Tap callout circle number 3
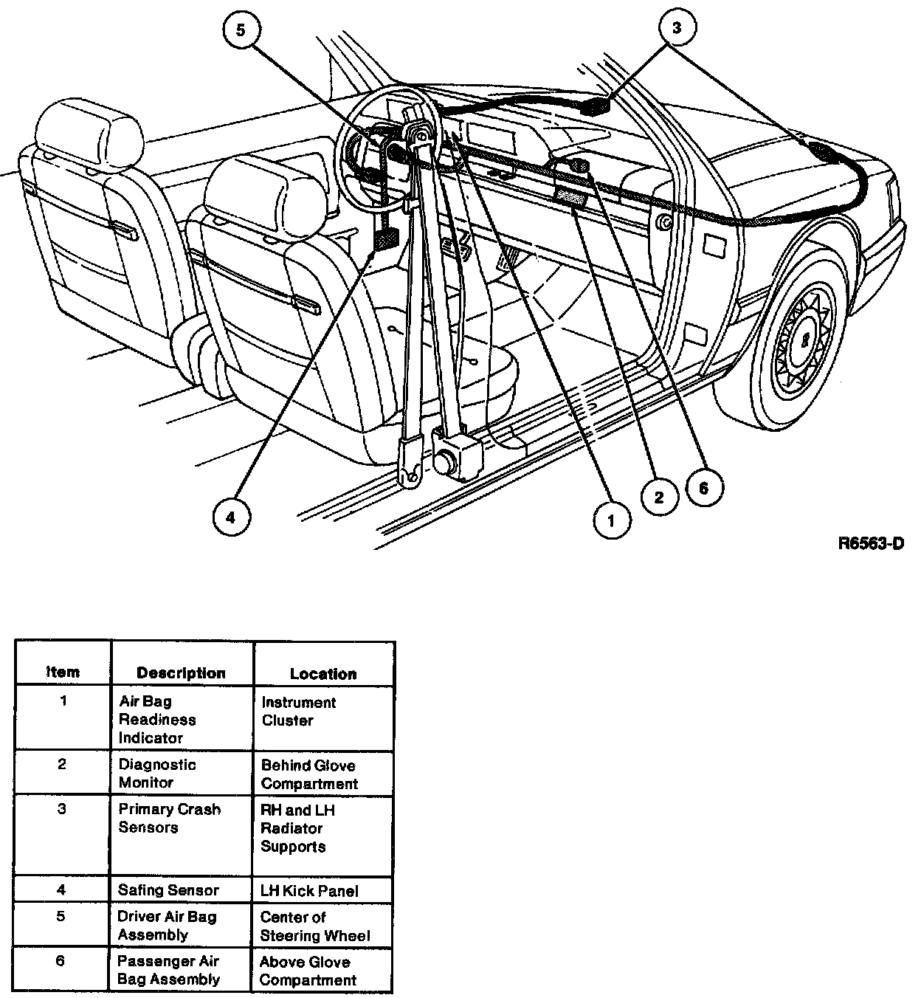(x=677, y=28)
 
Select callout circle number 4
(x=230, y=517)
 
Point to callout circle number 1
(x=611, y=520)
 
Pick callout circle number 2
(x=658, y=497)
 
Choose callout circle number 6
(x=703, y=488)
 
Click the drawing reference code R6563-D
(x=871, y=545)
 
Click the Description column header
(x=181, y=673)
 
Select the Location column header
(x=322, y=673)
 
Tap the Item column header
(x=63, y=672)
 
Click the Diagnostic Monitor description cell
(x=157, y=774)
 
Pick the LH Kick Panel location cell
(x=309, y=891)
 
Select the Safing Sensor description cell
(x=168, y=890)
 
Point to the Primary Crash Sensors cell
(x=169, y=819)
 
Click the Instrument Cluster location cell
(x=298, y=712)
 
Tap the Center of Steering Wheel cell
(x=315, y=926)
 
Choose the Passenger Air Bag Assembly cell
(x=168, y=971)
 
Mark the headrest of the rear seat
(x=90, y=133)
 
